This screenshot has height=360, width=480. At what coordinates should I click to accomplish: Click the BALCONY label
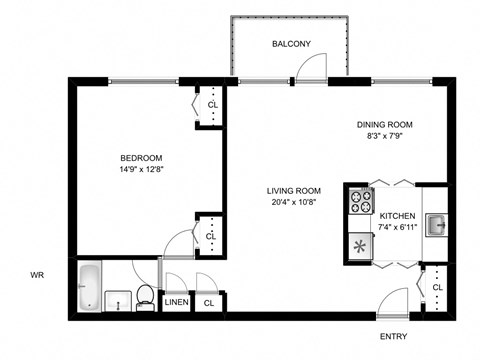(x=291, y=44)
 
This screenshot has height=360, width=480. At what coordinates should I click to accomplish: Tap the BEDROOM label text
(x=141, y=158)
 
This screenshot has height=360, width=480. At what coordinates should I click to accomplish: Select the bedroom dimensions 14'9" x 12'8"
(x=141, y=169)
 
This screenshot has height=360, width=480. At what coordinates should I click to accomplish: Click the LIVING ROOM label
(x=293, y=192)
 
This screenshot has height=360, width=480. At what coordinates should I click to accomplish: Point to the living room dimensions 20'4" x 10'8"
(x=293, y=203)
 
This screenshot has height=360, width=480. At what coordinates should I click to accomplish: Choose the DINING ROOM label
(x=385, y=125)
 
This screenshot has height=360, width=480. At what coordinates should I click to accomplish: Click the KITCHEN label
(x=397, y=216)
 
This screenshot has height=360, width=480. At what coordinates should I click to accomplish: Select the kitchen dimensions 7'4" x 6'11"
(x=397, y=227)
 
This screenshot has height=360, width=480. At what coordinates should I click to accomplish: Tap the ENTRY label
(x=393, y=337)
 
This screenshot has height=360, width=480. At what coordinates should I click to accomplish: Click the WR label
(x=37, y=273)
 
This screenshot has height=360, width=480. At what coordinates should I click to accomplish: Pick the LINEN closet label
(x=176, y=302)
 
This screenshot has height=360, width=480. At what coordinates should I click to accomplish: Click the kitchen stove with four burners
(x=357, y=205)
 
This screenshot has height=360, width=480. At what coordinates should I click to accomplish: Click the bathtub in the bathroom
(x=89, y=286)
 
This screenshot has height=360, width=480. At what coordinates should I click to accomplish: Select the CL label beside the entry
(x=437, y=287)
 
